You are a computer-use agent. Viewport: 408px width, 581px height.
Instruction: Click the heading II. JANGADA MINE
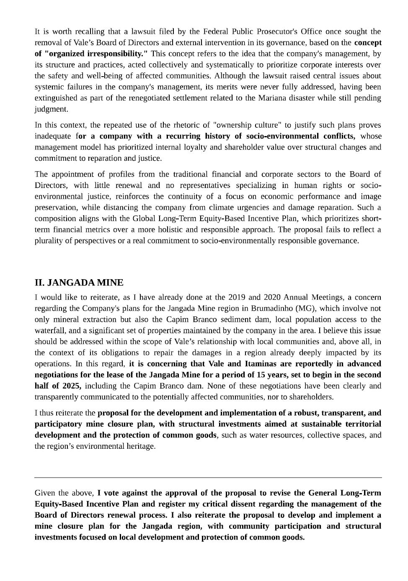[x=79, y=283]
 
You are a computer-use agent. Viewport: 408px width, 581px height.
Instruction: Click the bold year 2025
[x=70, y=386]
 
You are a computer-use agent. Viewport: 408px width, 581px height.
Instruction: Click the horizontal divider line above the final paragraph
[x=208, y=477]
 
